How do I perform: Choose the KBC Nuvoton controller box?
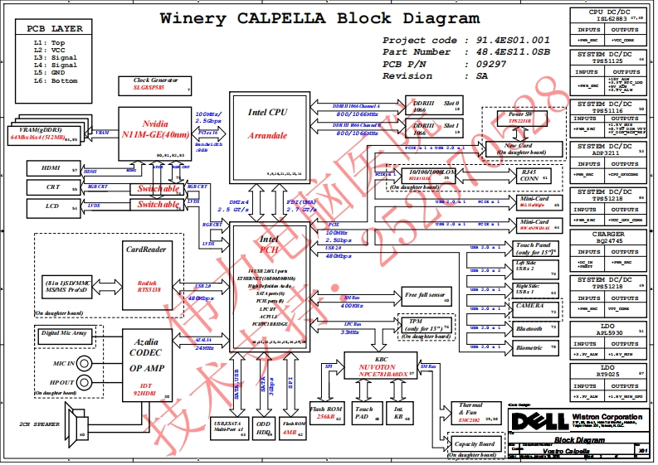tap(381, 366)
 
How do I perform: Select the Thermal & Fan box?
tap(469, 413)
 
